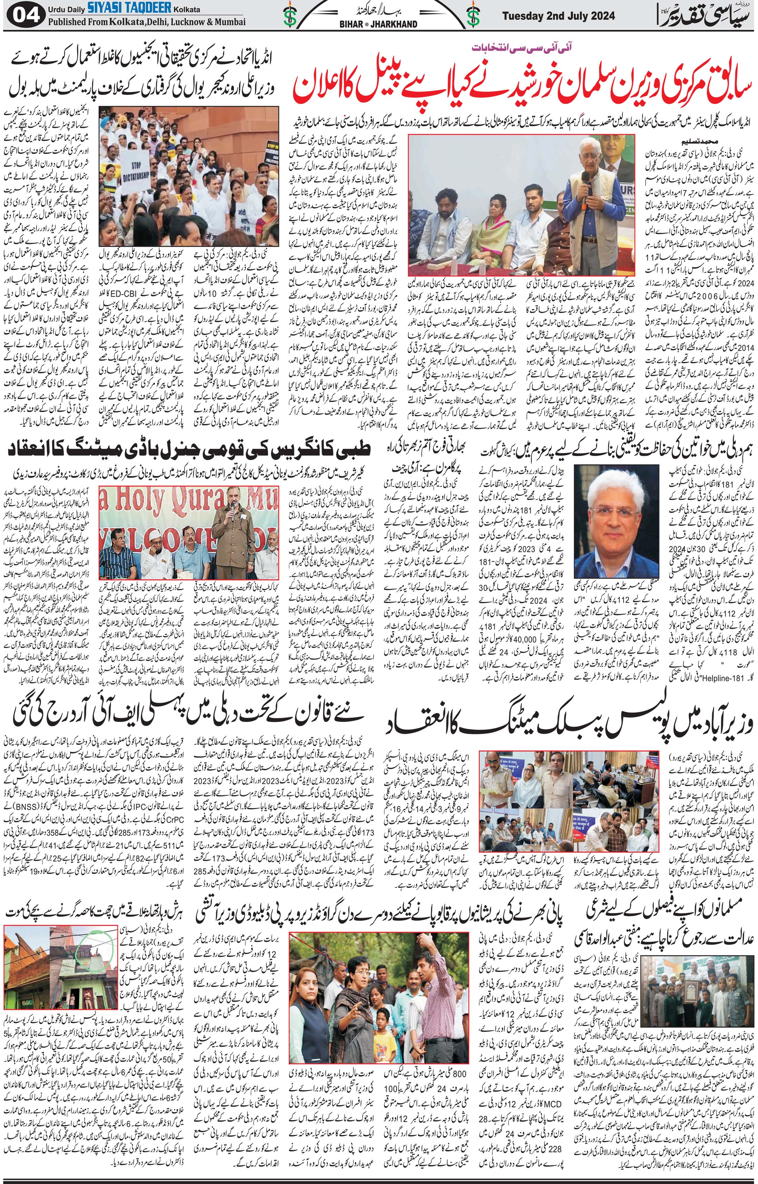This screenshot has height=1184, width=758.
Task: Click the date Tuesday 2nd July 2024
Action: coord(558,16)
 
